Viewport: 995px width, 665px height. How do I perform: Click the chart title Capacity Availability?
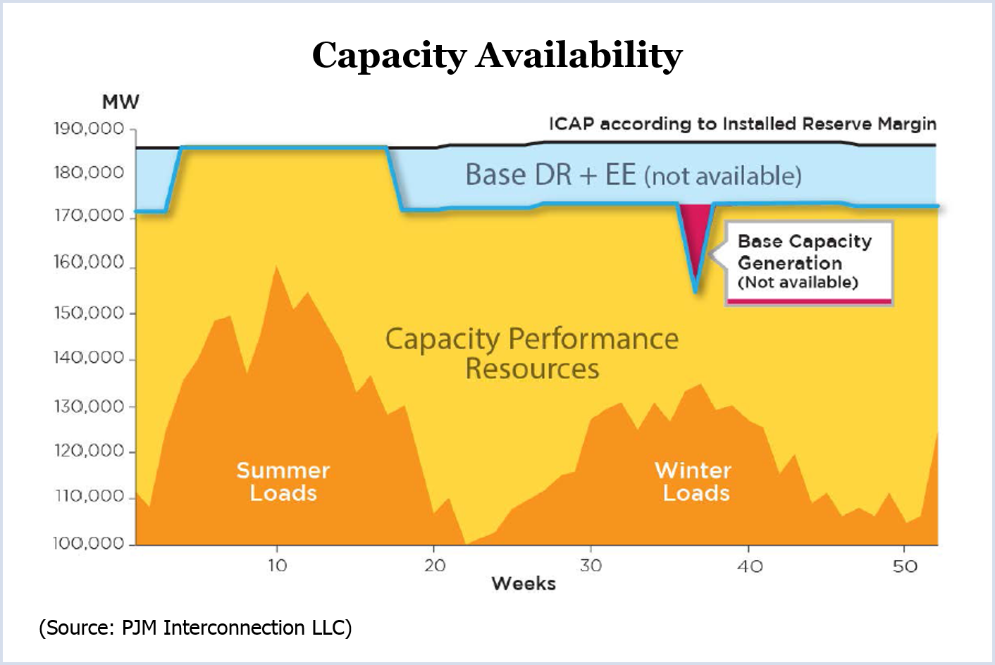pos(497,55)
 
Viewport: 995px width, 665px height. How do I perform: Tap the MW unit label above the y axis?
pos(120,102)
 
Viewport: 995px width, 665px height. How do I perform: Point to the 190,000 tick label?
pos(89,130)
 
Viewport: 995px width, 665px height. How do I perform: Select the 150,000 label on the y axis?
pos(89,313)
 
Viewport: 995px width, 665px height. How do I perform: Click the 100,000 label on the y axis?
pos(89,543)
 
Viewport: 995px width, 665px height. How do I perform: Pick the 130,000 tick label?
pos(89,406)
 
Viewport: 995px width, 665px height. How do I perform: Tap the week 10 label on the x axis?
pos(277,565)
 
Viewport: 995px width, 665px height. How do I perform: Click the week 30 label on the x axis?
pos(591,565)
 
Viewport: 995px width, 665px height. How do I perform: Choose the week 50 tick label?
pos(905,566)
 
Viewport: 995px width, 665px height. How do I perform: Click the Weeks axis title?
pos(524,583)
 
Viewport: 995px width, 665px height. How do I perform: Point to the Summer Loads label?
pos(283,481)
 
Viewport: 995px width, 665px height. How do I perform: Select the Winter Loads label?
pos(695,481)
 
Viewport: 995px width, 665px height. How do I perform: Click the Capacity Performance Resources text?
pos(532,354)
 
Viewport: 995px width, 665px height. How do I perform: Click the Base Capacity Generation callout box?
pos(809,262)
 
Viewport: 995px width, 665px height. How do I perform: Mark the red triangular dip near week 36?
pos(695,232)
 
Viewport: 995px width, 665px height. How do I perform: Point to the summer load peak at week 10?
pos(276,267)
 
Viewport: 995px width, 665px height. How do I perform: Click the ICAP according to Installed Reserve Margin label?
pos(743,124)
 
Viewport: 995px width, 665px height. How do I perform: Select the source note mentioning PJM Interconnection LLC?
pos(195,628)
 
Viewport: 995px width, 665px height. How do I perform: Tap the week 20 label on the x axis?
pos(435,565)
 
